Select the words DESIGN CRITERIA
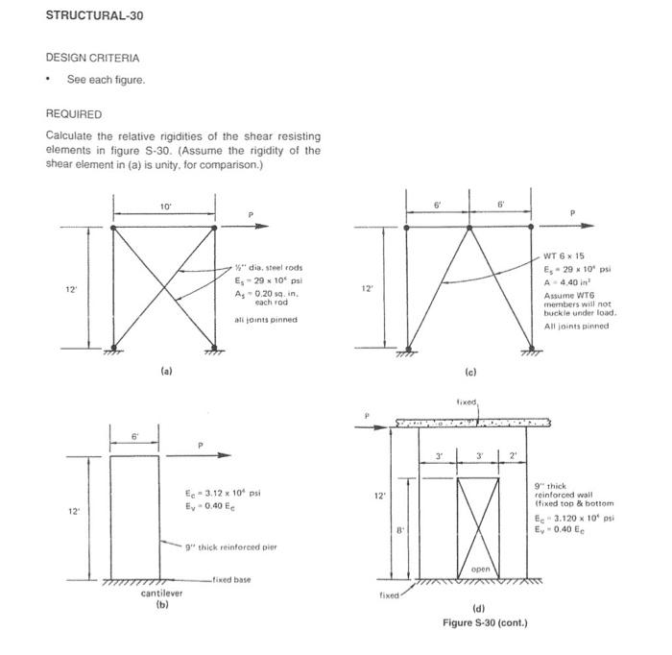[91, 58]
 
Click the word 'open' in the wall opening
[481, 570]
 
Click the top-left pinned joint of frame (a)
[114, 228]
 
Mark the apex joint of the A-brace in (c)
[469, 228]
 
